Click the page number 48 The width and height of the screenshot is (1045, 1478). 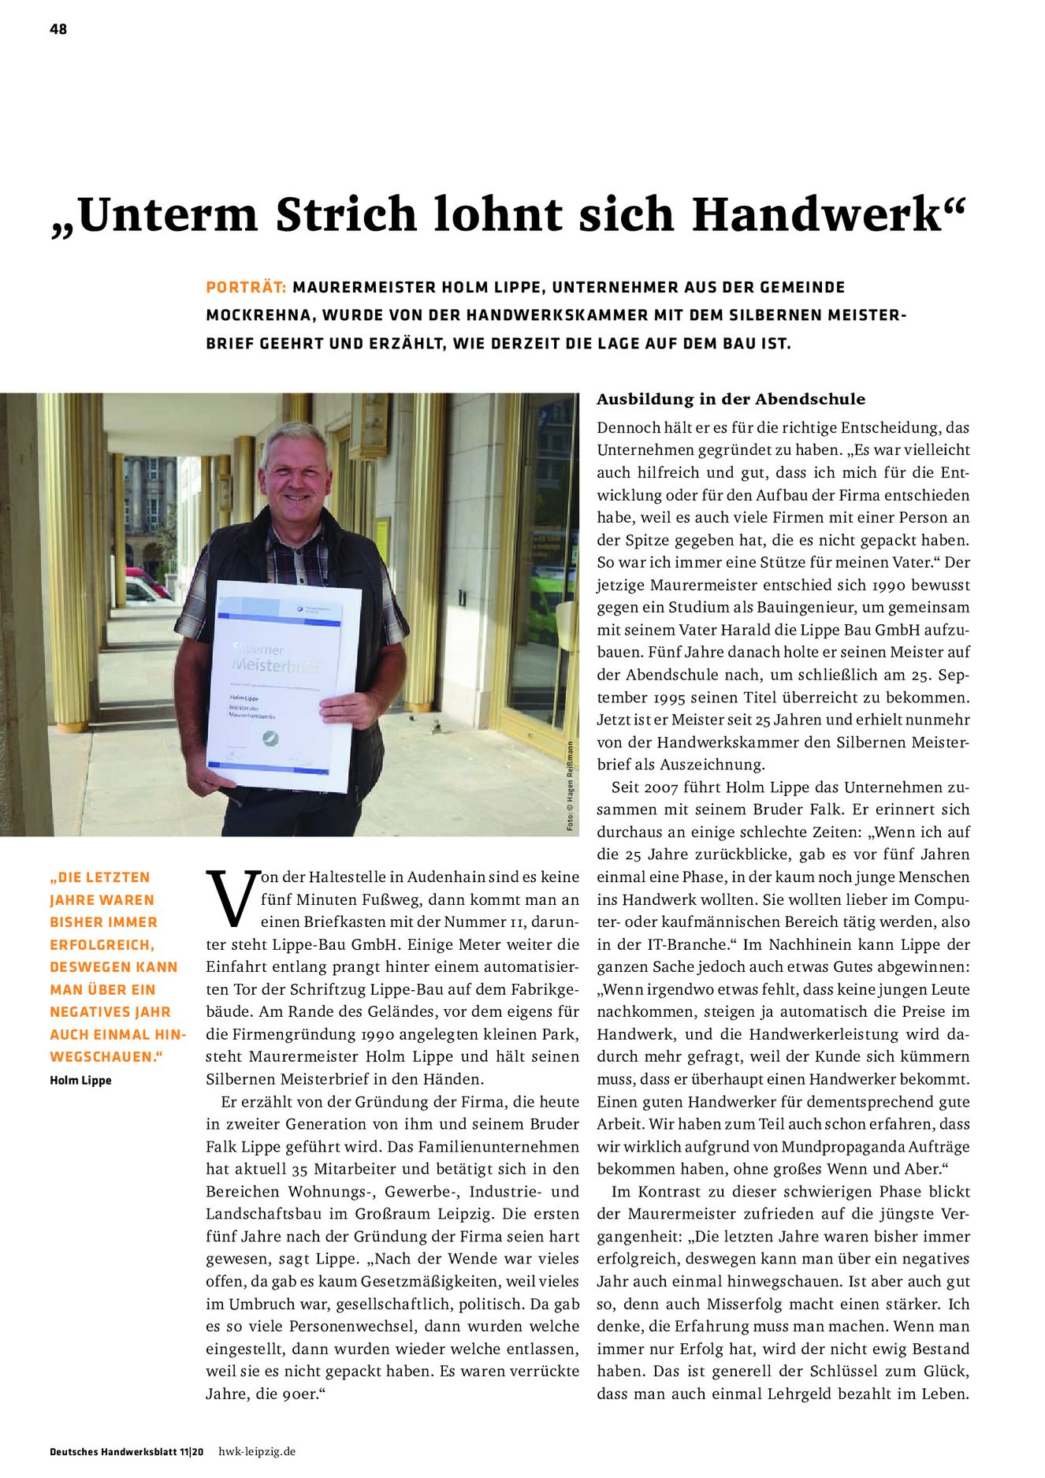pyautogui.click(x=58, y=29)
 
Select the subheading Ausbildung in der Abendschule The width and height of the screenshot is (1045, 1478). pyautogui.click(x=731, y=399)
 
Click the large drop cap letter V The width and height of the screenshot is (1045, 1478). pyautogui.click(x=231, y=898)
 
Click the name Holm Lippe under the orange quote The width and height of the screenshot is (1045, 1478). pyautogui.click(x=80, y=1080)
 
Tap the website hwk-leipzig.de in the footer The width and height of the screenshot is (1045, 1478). pyautogui.click(x=257, y=1451)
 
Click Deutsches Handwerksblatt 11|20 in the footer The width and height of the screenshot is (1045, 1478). pyautogui.click(x=126, y=1451)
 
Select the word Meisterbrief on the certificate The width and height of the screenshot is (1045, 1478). pyautogui.click(x=276, y=667)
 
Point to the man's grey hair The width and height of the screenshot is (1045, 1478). pyautogui.click(x=295, y=441)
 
